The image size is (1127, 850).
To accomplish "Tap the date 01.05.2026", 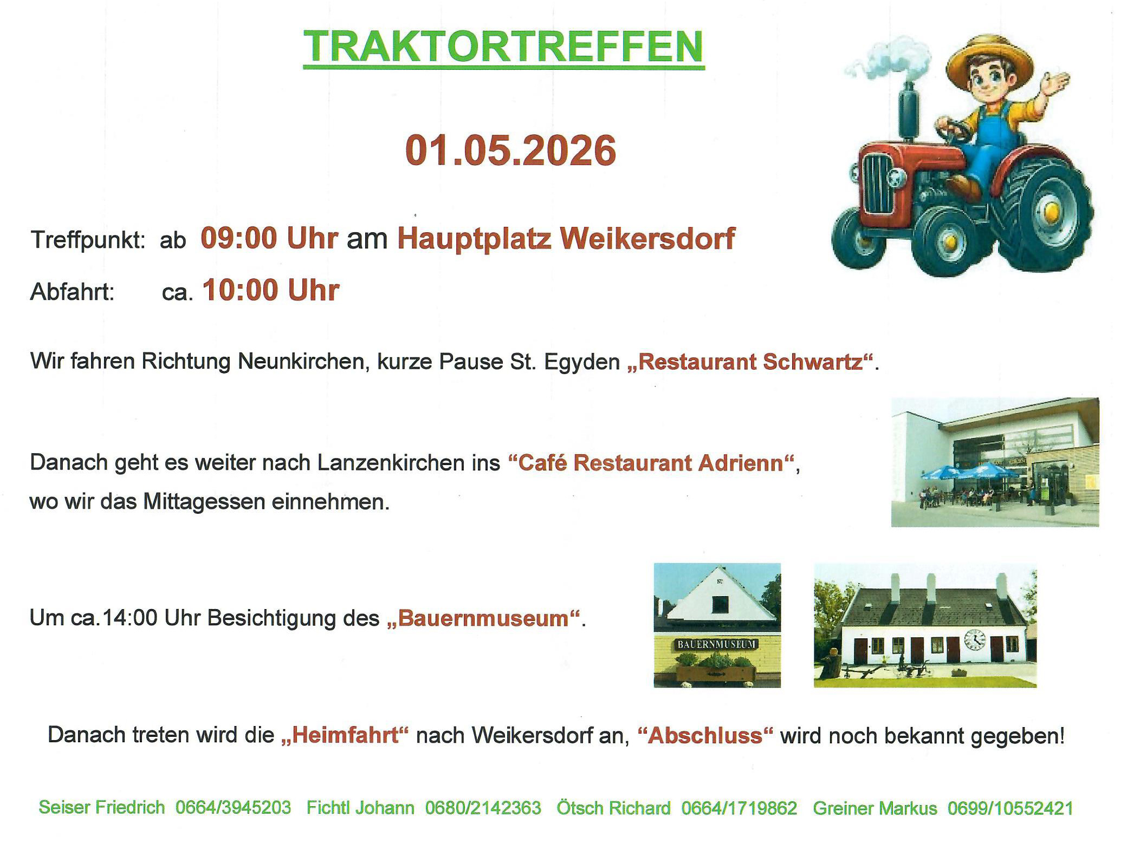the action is (510, 150).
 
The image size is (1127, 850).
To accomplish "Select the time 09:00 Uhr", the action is (269, 238).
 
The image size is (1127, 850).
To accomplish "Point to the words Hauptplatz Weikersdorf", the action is (566, 239).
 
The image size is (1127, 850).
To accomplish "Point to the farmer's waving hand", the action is (1054, 84).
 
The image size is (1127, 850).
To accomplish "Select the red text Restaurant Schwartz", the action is (750, 362).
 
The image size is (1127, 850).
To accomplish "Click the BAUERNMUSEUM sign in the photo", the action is (717, 644).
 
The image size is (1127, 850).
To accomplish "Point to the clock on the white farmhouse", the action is (975, 639).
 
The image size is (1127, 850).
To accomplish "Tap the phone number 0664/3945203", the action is (233, 807).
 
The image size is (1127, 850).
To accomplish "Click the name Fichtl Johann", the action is (360, 807).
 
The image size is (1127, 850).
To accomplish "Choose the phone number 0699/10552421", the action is (1011, 808).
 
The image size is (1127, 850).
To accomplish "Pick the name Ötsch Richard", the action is (614, 807).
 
